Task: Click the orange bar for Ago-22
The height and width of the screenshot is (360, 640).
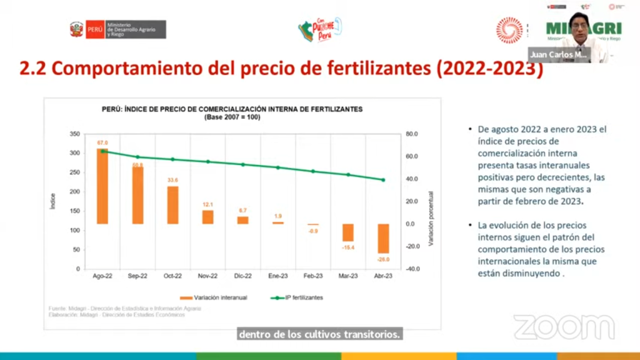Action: pyautogui.click(x=102, y=186)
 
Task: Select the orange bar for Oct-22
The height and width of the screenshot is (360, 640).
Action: pyautogui.click(x=172, y=205)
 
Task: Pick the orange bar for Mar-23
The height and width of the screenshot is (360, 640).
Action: pyautogui.click(x=348, y=232)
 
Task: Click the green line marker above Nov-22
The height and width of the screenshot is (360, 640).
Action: pyautogui.click(x=207, y=162)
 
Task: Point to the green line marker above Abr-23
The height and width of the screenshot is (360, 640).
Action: pyautogui.click(x=383, y=180)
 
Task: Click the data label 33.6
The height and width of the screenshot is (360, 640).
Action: pyautogui.click(x=172, y=181)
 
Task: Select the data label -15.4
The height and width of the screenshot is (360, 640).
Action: pyautogui.click(x=348, y=247)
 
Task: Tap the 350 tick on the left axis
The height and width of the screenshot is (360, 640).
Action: pyautogui.click(x=74, y=134)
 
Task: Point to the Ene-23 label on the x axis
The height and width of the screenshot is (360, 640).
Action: pyautogui.click(x=277, y=276)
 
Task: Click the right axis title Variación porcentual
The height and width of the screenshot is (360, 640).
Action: pyautogui.click(x=431, y=218)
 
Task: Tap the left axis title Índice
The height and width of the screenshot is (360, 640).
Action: pyautogui.click(x=53, y=201)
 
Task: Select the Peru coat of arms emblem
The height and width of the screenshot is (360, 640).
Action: pyautogui.click(x=76, y=29)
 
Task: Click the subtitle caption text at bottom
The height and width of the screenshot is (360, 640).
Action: pyautogui.click(x=319, y=334)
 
